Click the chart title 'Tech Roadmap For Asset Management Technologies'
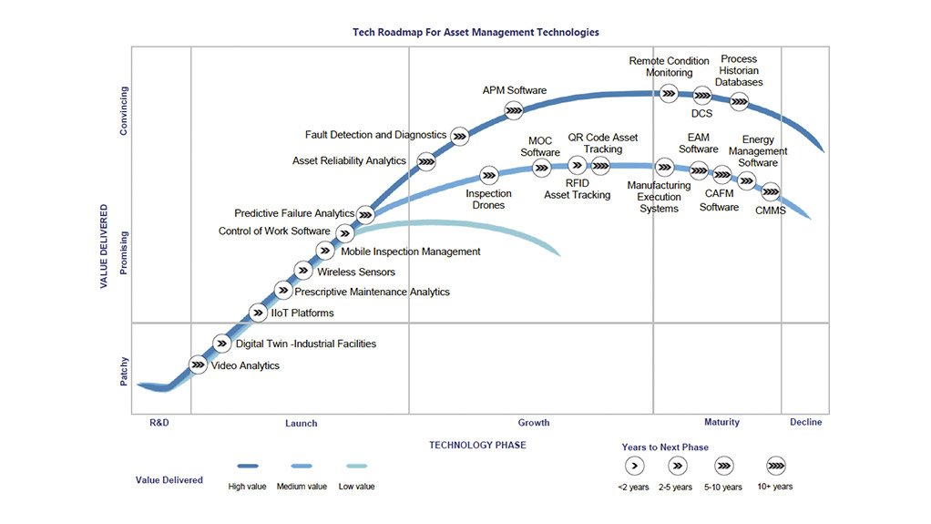[x=476, y=32]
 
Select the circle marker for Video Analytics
[x=198, y=365]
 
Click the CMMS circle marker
[x=771, y=191]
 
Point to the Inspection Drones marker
[x=489, y=175]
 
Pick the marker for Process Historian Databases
[x=740, y=101]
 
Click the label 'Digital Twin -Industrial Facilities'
[x=306, y=344]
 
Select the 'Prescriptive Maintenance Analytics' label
[x=372, y=292]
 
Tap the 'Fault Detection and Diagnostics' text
[x=375, y=135]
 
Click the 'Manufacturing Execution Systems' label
[x=659, y=197]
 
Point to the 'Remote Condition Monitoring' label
[x=670, y=67]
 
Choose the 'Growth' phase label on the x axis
[x=534, y=422]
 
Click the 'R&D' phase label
[x=159, y=422]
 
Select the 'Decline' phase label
[x=805, y=422]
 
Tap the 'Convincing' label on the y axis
[x=125, y=110]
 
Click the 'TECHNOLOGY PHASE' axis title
[x=477, y=445]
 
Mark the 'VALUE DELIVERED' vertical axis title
[x=105, y=246]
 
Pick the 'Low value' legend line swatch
[x=357, y=466]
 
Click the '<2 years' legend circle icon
[x=635, y=466]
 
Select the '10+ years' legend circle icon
[x=777, y=466]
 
